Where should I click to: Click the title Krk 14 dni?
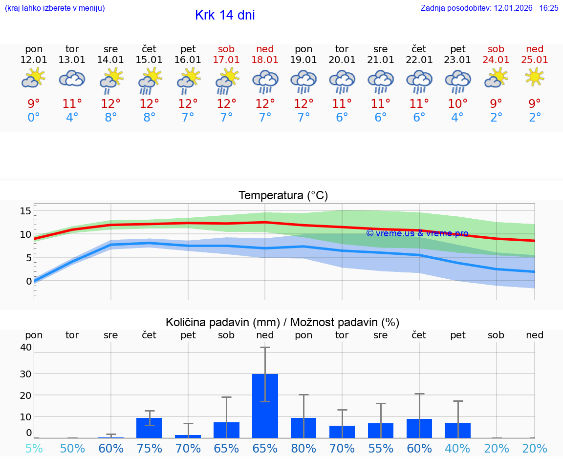(x=225, y=15)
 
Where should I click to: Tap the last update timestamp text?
(x=489, y=8)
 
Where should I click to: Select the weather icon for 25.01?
(x=535, y=77)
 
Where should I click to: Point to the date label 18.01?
(x=265, y=60)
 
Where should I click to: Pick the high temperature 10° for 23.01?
(x=457, y=103)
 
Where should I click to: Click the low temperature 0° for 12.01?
(x=34, y=118)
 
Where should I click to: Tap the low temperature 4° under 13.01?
(x=72, y=118)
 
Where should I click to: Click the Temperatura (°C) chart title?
(x=283, y=196)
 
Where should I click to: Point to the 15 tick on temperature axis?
(x=25, y=211)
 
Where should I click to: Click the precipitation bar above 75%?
(x=149, y=428)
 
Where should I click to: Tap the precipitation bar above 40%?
(x=457, y=430)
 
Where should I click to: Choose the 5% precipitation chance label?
(x=34, y=448)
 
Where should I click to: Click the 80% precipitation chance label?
(x=303, y=448)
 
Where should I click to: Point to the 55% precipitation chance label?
(x=381, y=448)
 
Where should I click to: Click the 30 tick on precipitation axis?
(x=25, y=373)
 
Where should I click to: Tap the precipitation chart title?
(x=282, y=322)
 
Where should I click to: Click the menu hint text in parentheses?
(x=55, y=8)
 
